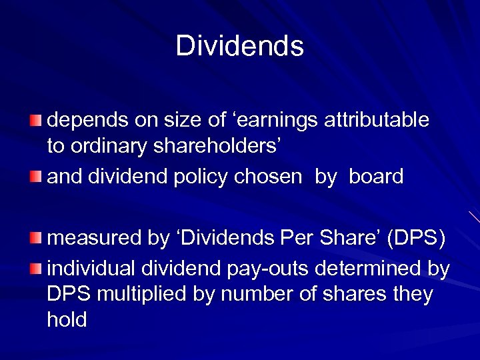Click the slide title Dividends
point(240,46)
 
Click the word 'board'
point(376,177)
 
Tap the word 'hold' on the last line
point(67,320)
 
